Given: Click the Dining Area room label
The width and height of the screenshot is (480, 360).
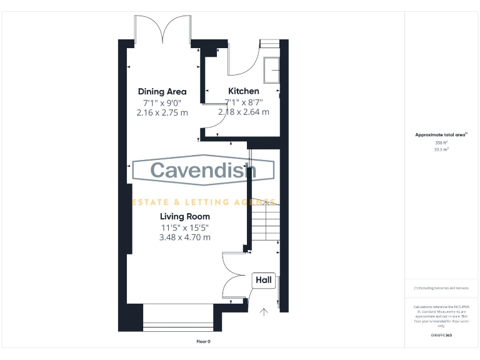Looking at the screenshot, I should click(162, 91).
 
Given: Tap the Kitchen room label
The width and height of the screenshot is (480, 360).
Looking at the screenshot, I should click(243, 91).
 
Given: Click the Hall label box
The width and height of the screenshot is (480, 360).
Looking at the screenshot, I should click(264, 281).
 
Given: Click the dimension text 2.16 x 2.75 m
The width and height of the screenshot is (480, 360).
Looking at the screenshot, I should click(162, 112).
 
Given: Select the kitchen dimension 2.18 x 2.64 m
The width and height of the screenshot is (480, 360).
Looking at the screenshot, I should click(243, 112).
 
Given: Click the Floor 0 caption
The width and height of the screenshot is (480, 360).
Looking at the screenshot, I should click(204, 341).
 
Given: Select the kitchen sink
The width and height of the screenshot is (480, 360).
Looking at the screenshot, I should click(272, 70).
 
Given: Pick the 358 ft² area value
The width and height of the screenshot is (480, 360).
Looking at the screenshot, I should click(441, 142).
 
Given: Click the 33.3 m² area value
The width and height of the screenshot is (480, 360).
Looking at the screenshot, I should click(441, 150).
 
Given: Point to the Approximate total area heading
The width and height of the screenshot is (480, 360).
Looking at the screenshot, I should click(441, 134).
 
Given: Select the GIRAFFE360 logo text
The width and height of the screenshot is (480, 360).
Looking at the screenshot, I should click(441, 336).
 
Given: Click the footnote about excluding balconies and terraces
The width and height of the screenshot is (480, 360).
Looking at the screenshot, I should click(441, 287).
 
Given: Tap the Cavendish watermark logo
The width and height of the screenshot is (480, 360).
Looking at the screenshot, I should click(203, 170).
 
